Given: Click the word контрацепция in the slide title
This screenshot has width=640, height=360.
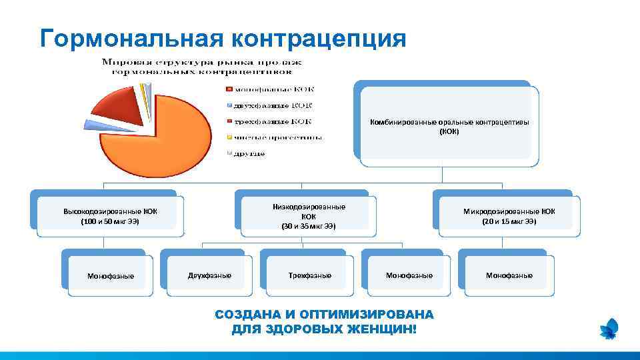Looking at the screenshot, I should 318,38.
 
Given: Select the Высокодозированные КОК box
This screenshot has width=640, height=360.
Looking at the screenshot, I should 110,216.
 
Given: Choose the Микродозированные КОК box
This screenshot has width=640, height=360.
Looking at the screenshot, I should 509,216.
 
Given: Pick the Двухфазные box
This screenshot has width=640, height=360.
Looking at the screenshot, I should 209,275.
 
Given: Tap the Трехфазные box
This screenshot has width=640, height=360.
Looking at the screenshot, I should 309,275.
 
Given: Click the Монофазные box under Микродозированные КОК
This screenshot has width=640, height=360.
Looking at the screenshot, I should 509,275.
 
